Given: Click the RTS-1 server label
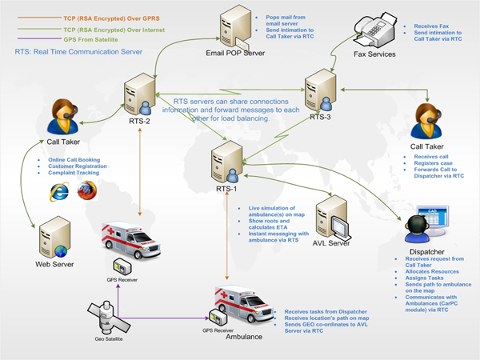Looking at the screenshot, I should [x=226, y=190].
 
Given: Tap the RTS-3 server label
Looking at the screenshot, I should [x=321, y=116].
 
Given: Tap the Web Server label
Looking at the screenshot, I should [x=54, y=263].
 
